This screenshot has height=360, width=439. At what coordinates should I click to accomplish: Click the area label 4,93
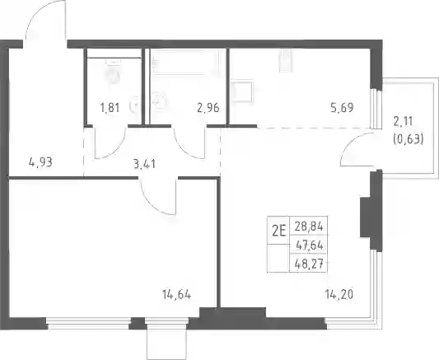coord(40,162)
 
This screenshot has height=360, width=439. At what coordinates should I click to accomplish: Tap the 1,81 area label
coord(110,107)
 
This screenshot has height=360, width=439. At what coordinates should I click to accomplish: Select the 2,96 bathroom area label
coord(208,107)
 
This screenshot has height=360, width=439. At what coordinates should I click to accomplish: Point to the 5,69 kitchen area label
coord(342,107)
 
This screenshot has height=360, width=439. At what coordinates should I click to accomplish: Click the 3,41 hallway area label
coord(144,164)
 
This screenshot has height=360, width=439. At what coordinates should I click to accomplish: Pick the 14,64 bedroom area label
coord(176,294)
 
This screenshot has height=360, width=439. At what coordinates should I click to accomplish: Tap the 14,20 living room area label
coord(339,294)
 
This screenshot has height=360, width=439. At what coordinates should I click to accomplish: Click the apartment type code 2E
coord(279,231)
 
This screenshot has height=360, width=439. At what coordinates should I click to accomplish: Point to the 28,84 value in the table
coord(309,227)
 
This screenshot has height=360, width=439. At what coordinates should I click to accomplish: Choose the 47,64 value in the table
coord(310,245)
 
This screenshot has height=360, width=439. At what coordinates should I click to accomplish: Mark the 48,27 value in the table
coord(309,264)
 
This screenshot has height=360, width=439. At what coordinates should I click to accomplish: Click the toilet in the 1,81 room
coord(114,72)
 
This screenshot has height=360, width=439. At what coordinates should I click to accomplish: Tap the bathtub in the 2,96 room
coord(184,62)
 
